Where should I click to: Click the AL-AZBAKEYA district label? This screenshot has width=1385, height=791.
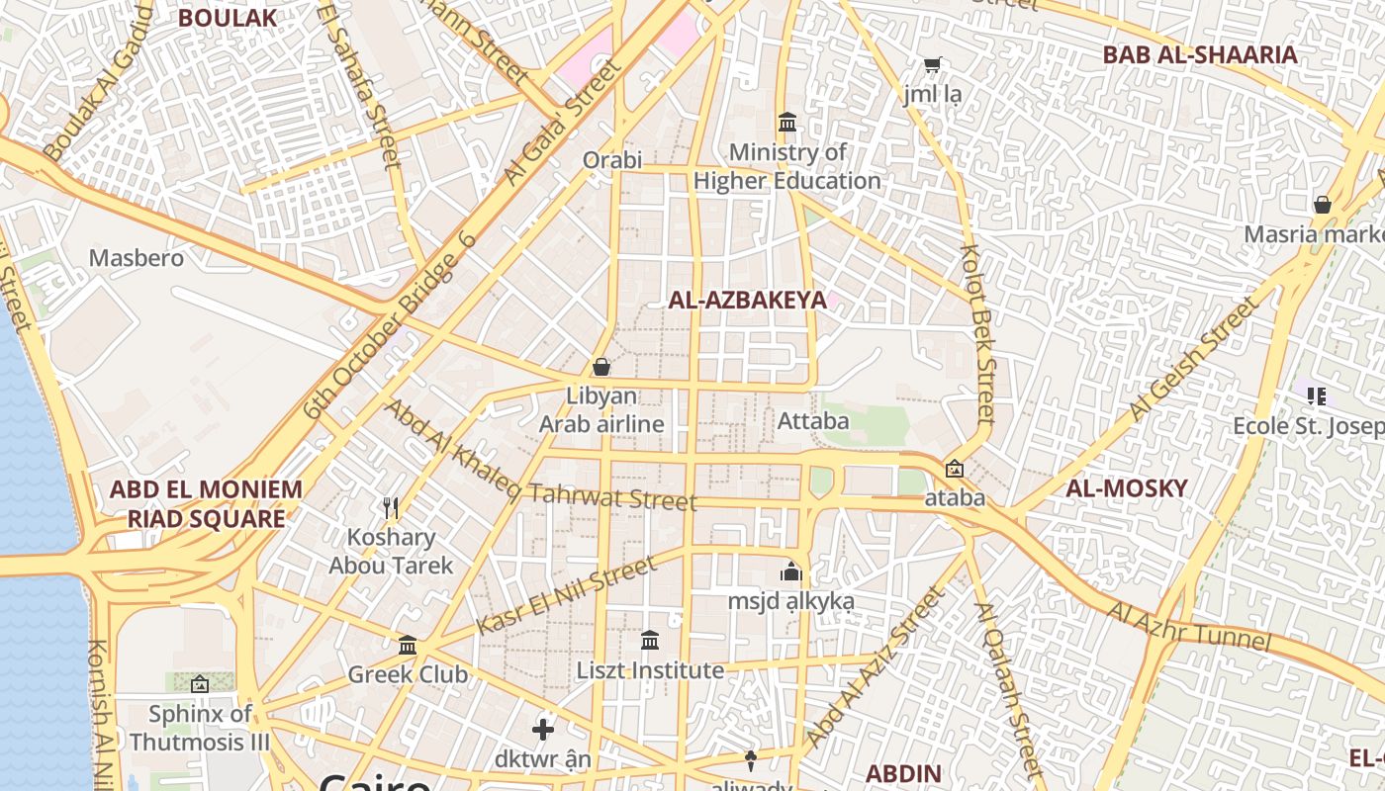747,301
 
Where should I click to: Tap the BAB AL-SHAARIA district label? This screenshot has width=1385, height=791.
1200,54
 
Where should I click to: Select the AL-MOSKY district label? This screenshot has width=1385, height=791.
1126,487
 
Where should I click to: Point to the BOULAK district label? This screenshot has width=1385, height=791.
227,18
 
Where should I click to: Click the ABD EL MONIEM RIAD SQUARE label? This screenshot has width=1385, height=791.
206,503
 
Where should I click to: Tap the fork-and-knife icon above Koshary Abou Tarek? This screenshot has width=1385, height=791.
391,508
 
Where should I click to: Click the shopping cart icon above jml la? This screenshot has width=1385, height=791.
932,65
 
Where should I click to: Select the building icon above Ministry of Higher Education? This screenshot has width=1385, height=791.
787,123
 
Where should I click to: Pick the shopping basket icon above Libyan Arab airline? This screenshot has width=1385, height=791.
600,367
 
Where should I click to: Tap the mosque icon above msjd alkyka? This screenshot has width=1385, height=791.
790,571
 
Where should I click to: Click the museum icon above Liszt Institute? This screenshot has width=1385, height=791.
650,641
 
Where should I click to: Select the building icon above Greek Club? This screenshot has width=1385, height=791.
408,646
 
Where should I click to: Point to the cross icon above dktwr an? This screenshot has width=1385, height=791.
543,730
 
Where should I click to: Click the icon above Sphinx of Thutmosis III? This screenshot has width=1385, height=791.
200,683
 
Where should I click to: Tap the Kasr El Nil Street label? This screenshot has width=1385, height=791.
565,596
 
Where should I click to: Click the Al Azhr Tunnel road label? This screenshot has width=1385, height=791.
1187,626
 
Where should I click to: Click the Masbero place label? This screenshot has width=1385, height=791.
137,258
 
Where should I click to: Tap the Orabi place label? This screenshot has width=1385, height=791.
612,160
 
